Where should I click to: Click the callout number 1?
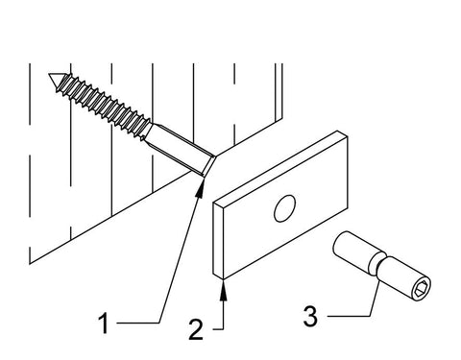point(104,324)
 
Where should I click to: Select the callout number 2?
point(196,329)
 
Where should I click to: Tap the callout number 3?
point(310,316)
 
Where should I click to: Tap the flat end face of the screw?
point(208,166)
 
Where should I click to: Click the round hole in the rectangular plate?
point(284,208)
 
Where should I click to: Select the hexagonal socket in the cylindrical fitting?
point(421,288)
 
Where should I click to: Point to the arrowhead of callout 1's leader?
point(201,188)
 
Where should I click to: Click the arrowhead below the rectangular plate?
point(224,290)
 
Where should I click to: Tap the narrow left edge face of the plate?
point(218,240)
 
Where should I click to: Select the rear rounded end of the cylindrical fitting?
point(339,242)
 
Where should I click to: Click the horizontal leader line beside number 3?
point(349,317)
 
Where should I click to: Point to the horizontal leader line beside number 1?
point(138,323)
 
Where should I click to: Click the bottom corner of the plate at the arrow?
point(223,279)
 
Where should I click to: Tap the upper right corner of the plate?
point(348,136)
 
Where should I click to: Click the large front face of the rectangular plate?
point(285,208)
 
